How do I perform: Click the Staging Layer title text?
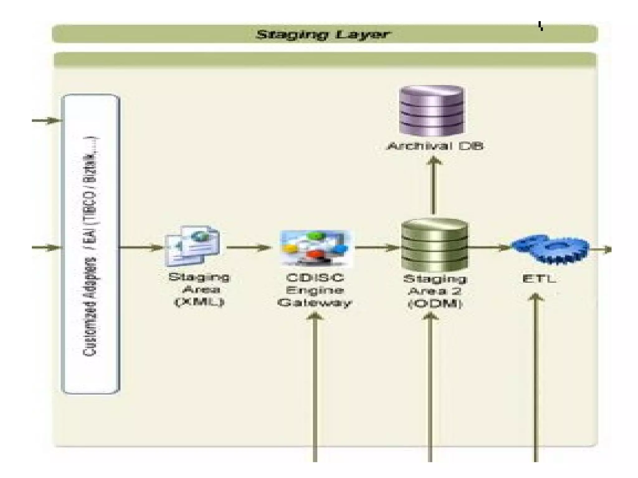(323, 34)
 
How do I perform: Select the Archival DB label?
(435, 146)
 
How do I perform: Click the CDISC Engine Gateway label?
(315, 290)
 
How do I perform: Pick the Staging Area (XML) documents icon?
(193, 246)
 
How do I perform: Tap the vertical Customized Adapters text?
(90, 246)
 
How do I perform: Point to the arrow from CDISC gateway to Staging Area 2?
(377, 248)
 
